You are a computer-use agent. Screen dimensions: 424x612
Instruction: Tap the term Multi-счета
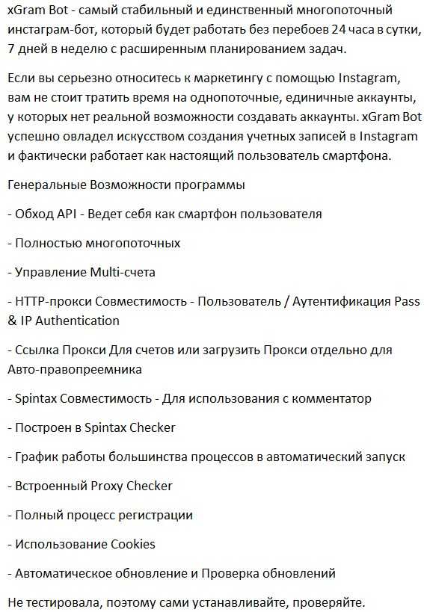point(122,272)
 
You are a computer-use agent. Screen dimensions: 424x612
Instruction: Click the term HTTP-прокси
point(49,301)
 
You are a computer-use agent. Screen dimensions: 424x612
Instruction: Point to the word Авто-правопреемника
point(75,369)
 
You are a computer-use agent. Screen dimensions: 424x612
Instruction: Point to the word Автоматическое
point(64,573)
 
